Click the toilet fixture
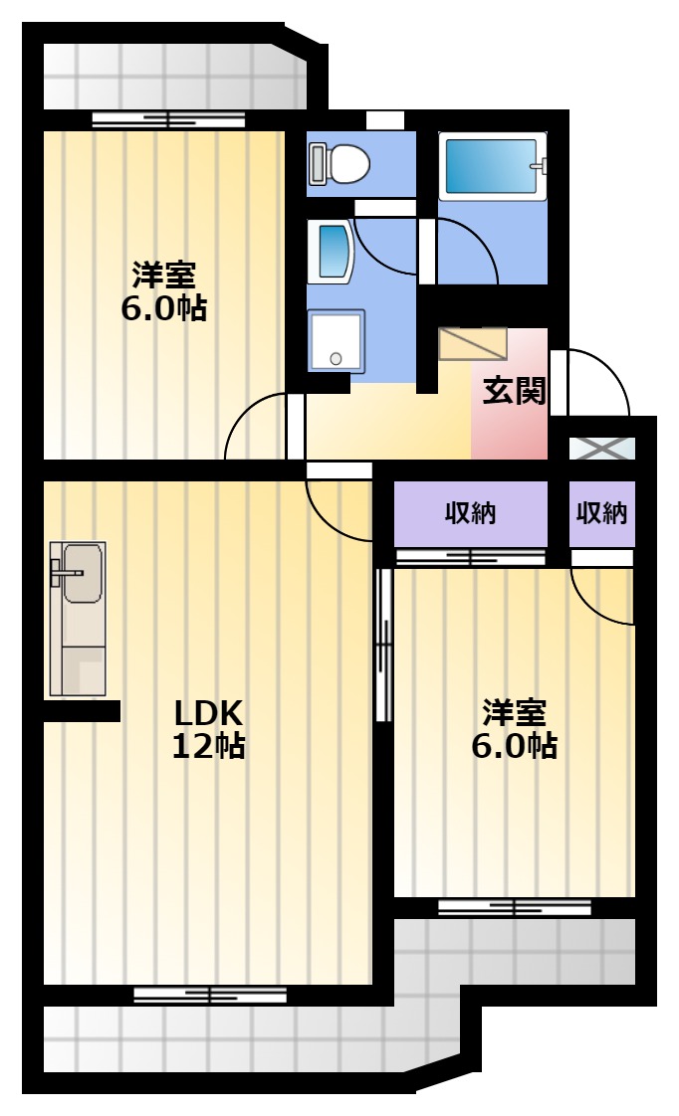339,163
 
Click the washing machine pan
337,340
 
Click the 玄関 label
514,391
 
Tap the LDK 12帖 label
209,728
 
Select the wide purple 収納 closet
470,514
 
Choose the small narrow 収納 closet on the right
601,514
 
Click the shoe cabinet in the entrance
473,344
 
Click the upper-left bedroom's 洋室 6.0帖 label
164,291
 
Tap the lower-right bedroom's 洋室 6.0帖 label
514,728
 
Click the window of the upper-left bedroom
169,119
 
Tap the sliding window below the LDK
210,995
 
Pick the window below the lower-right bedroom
515,907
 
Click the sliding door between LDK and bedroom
384,644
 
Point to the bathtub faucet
541,166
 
